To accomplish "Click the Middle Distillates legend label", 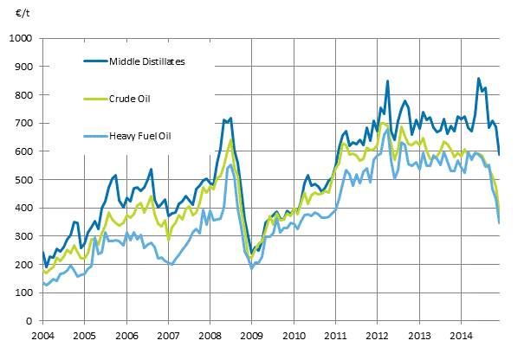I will point(147,61).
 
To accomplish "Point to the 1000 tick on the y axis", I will point(20,39).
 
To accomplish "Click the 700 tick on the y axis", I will point(23,124).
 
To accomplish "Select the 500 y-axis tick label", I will point(23,180).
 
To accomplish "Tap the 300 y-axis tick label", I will point(23,236).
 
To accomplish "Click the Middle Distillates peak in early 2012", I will point(387,80).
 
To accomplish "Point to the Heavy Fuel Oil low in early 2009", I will point(252,268).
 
